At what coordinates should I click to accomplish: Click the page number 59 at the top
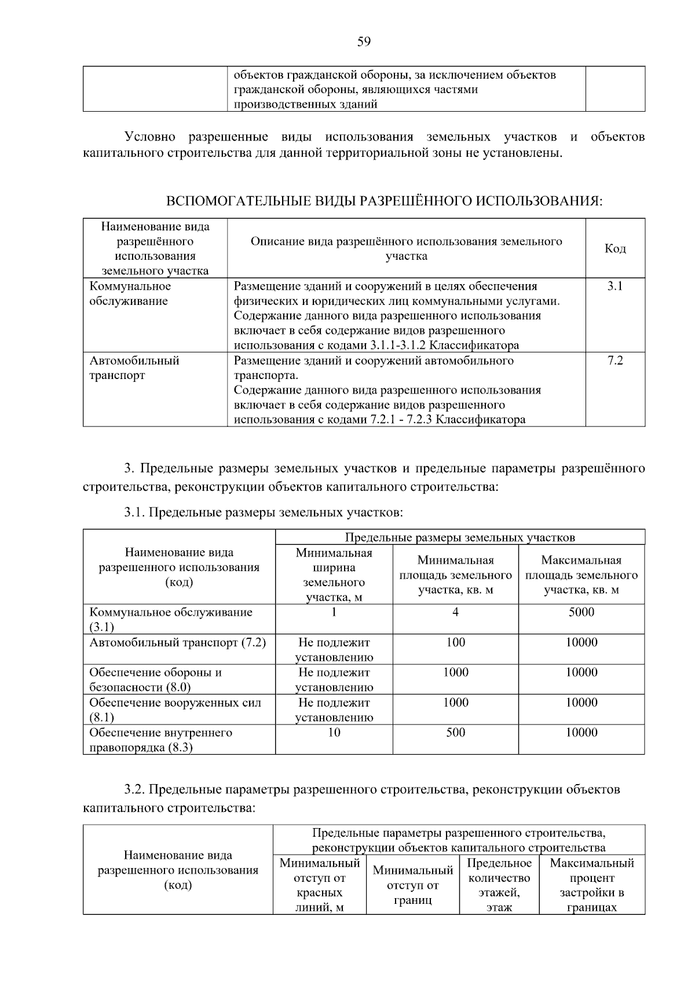(x=364, y=41)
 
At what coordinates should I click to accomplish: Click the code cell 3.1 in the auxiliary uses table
(x=614, y=286)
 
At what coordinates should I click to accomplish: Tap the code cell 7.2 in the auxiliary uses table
(x=614, y=361)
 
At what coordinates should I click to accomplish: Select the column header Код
(x=615, y=248)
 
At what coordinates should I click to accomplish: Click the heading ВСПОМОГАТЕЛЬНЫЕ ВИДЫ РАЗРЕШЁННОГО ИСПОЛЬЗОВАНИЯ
(x=384, y=201)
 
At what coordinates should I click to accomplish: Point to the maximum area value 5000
(x=581, y=612)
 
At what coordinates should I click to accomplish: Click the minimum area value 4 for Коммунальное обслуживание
(x=455, y=612)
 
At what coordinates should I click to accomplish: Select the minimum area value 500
(x=455, y=733)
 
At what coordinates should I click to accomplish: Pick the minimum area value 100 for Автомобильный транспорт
(x=455, y=642)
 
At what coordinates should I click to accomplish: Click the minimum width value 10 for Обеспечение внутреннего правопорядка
(x=334, y=733)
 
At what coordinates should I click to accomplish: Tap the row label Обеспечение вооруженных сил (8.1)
(x=175, y=709)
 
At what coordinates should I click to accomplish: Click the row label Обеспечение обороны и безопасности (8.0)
(x=155, y=679)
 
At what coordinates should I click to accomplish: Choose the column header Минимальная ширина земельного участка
(x=334, y=575)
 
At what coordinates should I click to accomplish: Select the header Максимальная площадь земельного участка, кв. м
(x=581, y=575)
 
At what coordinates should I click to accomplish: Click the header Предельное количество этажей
(x=499, y=885)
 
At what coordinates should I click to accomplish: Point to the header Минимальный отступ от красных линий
(x=320, y=885)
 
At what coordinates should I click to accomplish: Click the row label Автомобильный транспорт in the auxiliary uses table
(x=134, y=368)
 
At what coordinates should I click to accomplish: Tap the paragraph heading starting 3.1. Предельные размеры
(x=263, y=512)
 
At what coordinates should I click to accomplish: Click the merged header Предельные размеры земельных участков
(x=460, y=538)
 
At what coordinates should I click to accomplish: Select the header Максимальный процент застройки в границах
(x=591, y=885)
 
